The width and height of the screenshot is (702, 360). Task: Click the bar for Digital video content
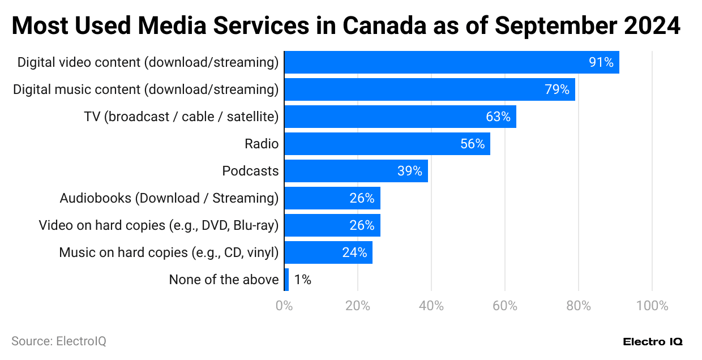point(451,62)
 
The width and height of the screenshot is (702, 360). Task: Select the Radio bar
point(387,144)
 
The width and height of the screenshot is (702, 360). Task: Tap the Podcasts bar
point(356,171)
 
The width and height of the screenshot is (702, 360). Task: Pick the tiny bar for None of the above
point(286,280)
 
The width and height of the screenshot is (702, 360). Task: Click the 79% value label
point(557,89)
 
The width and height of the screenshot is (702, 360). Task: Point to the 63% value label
point(498,117)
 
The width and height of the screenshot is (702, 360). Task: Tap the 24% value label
point(354,252)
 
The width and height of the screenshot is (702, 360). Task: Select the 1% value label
point(302,280)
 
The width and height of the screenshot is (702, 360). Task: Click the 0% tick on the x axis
point(284,306)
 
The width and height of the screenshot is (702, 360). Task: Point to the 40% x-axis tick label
point(431,306)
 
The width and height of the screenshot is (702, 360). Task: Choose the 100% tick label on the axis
point(652,306)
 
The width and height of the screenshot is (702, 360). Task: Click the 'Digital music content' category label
point(146,89)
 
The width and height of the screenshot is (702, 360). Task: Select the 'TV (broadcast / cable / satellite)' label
point(181,117)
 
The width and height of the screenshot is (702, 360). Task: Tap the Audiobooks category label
point(169,198)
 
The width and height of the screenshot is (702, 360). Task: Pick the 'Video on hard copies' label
point(159,225)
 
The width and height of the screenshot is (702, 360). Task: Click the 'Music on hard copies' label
point(169,252)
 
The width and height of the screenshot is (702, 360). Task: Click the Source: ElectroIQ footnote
point(59,341)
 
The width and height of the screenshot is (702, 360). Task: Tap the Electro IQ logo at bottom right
point(652,342)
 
